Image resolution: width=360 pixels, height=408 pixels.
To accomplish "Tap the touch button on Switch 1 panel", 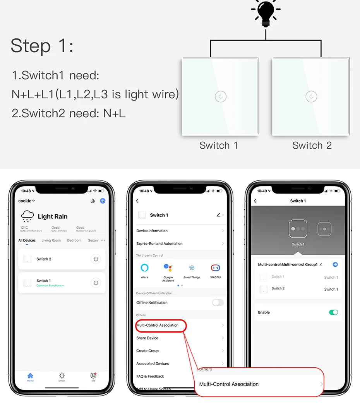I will click(x=220, y=96).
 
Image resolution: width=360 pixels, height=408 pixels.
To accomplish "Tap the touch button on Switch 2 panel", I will click(x=311, y=96).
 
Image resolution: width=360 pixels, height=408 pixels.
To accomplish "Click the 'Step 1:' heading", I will click(x=42, y=46).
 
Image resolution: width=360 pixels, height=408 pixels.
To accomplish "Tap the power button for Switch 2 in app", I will click(x=96, y=259).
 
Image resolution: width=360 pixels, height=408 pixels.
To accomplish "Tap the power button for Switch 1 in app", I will click(x=96, y=283).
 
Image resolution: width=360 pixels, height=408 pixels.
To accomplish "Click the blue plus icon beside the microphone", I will click(x=103, y=201).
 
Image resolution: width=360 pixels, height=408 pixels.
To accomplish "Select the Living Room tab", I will click(x=51, y=240).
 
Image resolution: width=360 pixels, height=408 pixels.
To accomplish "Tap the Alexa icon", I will click(x=144, y=268).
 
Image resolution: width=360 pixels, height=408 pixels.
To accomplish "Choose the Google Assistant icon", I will click(x=168, y=268).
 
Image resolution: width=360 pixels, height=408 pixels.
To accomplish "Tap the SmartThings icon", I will click(x=192, y=268).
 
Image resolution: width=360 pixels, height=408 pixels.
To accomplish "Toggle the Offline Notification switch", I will click(x=218, y=303).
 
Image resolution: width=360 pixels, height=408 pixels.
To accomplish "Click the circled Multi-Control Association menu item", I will click(x=161, y=325).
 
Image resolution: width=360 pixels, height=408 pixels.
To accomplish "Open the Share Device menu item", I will click(x=147, y=338).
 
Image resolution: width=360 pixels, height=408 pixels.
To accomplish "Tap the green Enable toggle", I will click(x=333, y=312).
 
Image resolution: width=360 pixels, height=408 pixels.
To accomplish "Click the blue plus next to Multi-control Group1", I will click(x=335, y=264).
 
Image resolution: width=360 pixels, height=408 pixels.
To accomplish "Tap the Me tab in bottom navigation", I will click(x=93, y=377).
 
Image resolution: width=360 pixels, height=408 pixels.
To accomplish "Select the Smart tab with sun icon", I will click(x=62, y=377).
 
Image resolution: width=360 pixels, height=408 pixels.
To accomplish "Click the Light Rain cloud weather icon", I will click(x=27, y=216).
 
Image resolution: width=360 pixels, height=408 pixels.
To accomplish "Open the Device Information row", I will click(x=152, y=231).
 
